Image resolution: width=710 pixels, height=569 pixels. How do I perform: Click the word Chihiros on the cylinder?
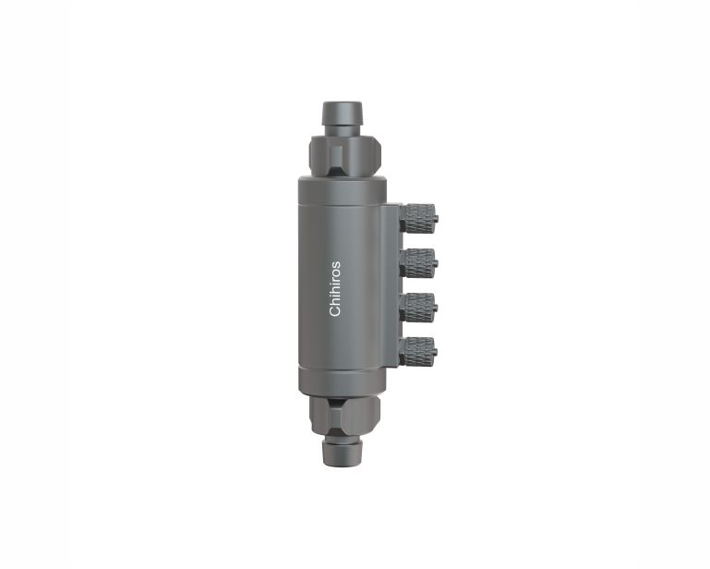point(334,288)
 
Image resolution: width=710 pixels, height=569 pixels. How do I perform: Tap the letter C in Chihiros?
point(334,311)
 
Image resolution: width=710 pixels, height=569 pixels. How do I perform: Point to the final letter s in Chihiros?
point(336,263)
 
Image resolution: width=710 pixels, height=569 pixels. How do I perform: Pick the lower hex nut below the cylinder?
point(345,416)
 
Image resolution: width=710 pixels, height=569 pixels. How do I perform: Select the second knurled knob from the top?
point(417,262)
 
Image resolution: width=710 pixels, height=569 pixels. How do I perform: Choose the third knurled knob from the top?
point(417,308)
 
